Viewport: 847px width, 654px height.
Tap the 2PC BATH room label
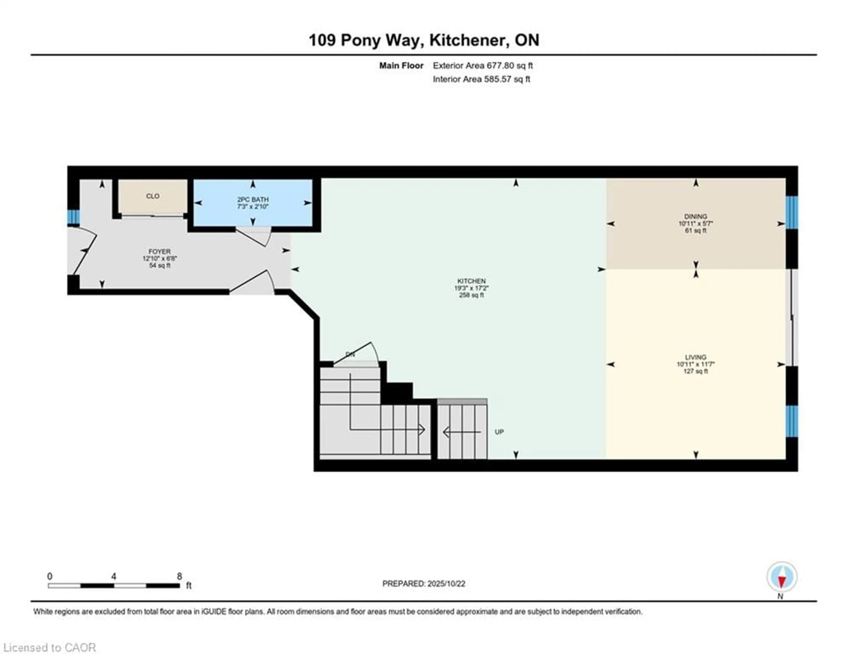[x=253, y=199]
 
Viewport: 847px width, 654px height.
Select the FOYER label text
[x=159, y=251]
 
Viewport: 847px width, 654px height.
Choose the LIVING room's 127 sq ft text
[x=695, y=371]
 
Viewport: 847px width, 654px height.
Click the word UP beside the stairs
[x=499, y=432]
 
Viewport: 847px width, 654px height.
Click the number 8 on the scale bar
[x=179, y=576]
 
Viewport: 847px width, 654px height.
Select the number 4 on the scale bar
[x=114, y=576]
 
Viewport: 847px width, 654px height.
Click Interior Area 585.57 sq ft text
[x=481, y=79]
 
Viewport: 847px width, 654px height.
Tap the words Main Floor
[x=401, y=66]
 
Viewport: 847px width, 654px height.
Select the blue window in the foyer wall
[x=73, y=217]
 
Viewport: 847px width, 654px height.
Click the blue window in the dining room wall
[x=792, y=212]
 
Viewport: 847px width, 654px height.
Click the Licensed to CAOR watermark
[x=49, y=647]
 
